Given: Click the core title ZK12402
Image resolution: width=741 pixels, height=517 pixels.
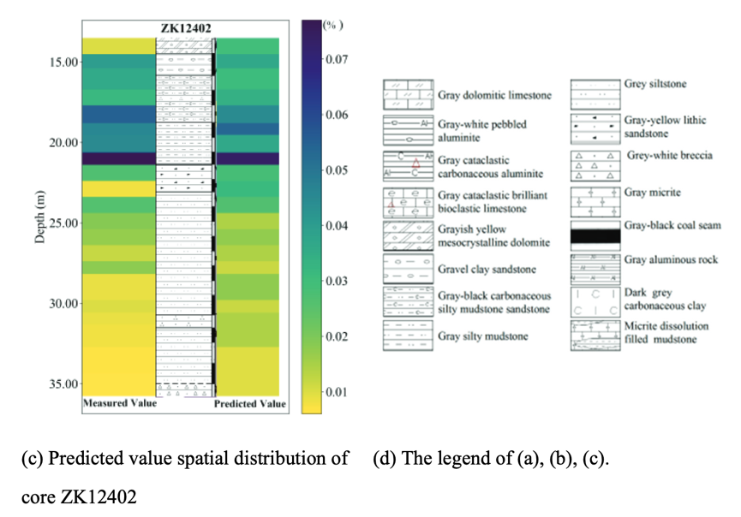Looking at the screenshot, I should click(x=186, y=28).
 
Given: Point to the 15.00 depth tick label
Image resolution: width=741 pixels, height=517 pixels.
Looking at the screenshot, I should click(x=64, y=62).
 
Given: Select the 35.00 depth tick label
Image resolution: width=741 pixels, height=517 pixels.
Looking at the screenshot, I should click(x=64, y=384).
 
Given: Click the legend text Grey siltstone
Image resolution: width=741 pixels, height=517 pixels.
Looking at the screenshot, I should click(x=655, y=84).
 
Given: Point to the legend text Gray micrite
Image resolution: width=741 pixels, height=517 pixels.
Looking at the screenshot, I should click(x=653, y=193).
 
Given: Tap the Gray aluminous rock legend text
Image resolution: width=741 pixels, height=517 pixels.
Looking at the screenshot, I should click(x=666, y=259).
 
